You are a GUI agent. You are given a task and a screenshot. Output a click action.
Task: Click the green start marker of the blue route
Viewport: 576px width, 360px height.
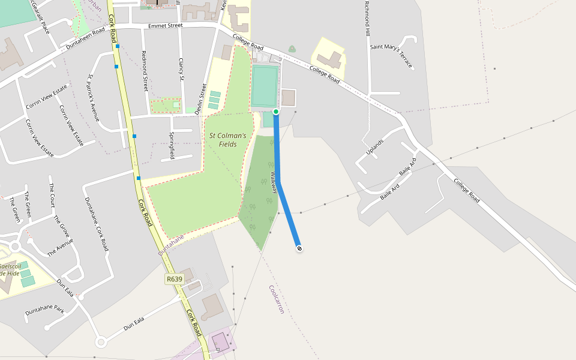pos(276,112)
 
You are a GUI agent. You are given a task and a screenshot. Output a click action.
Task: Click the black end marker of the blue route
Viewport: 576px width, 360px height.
pos(299,248)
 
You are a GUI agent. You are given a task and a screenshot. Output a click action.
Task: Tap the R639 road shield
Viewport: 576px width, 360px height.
pos(174,279)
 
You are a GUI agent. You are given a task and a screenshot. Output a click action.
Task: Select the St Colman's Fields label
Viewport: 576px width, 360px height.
pos(227,140)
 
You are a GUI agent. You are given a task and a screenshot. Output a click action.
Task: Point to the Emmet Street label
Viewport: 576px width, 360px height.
pos(165,26)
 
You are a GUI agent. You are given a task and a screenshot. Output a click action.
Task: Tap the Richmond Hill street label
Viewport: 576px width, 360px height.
pos(367,18)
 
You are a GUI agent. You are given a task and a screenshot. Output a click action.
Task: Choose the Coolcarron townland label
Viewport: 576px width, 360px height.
pos(276,299)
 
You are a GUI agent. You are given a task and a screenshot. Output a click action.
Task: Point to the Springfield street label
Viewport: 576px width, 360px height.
pos(172,145)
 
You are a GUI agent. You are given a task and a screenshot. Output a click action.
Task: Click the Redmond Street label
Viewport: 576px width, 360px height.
pos(144,71)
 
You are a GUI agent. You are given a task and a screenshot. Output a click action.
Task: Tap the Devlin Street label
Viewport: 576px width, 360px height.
pos(201,100)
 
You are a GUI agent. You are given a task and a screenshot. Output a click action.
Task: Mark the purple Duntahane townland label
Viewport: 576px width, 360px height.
pos(172,245)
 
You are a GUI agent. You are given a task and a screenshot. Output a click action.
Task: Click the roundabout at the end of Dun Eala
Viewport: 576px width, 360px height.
pos(100,342)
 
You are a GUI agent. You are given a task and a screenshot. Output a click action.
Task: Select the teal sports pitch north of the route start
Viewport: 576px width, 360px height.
pos(265,87)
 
